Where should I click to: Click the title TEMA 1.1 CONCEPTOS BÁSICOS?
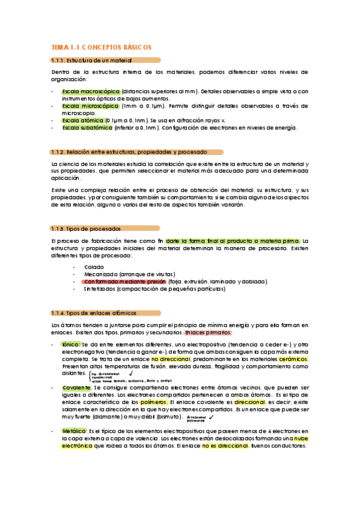pos(101,47)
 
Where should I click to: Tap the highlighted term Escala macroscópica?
pos(90,91)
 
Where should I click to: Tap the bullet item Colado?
pos(94,266)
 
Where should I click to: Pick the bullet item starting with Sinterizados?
pos(154,289)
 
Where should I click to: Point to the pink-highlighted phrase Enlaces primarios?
pos(208,333)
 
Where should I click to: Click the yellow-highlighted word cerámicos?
pos(294,359)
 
